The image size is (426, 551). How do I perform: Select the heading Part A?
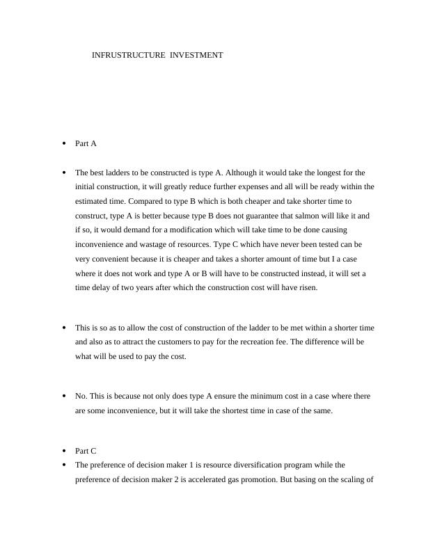(86, 143)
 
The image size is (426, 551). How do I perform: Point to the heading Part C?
(86, 451)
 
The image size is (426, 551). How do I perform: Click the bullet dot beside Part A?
(63, 143)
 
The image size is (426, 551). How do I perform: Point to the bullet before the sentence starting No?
(63, 396)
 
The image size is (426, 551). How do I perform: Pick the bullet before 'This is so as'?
(63, 327)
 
